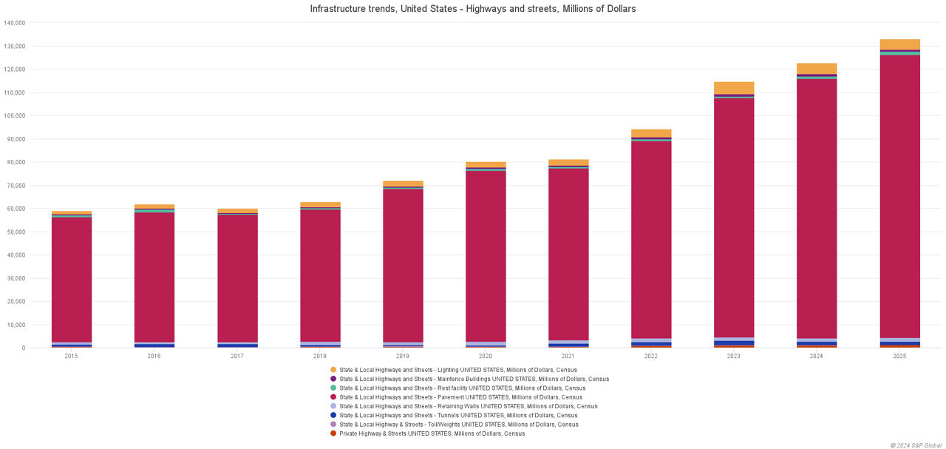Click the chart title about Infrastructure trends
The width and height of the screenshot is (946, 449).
coord(473,9)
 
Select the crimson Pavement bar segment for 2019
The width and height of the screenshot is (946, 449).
coord(403,266)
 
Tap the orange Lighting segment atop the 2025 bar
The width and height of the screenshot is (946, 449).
coord(899,44)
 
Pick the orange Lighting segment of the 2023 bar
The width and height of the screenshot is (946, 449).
coord(734,88)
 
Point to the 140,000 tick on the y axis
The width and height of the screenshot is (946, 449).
coord(15,23)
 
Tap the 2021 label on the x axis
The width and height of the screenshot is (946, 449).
coord(568,356)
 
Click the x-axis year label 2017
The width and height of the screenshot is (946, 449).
coord(236,356)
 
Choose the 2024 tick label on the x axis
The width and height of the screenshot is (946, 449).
coord(817,356)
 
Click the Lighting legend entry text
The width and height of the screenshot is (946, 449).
coord(457,370)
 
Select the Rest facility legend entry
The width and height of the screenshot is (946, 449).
coord(462,388)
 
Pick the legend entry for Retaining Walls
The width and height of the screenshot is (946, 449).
coord(468,406)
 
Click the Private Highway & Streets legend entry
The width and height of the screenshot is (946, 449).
coord(432,433)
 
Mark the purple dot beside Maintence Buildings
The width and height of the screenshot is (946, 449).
coord(333,379)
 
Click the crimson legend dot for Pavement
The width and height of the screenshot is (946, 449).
coord(333,397)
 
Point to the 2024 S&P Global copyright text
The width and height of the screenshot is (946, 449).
coord(916,445)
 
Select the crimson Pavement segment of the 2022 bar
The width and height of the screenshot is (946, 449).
coord(651,237)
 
